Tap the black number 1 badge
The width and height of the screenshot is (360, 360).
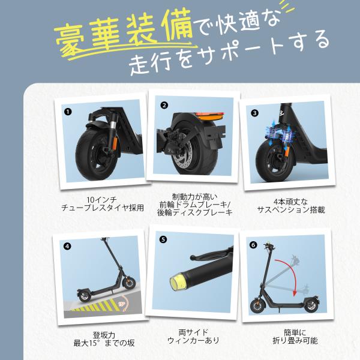click(x=68, y=112)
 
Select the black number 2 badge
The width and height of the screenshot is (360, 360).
click(x=164, y=106)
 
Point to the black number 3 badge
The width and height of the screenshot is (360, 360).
click(x=254, y=113)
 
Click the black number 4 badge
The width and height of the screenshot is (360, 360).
click(x=67, y=247)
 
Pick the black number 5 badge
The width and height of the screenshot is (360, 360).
click(x=163, y=239)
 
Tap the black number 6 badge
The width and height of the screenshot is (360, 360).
click(x=253, y=245)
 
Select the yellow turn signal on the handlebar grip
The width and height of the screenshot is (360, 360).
click(x=178, y=283)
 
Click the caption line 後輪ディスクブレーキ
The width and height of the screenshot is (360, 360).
click(x=194, y=212)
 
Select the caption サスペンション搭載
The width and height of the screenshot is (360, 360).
click(x=291, y=210)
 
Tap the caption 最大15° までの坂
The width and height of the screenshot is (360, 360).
click(x=104, y=343)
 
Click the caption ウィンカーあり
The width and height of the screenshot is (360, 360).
click(x=193, y=340)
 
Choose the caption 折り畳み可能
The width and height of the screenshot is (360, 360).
click(x=295, y=340)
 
